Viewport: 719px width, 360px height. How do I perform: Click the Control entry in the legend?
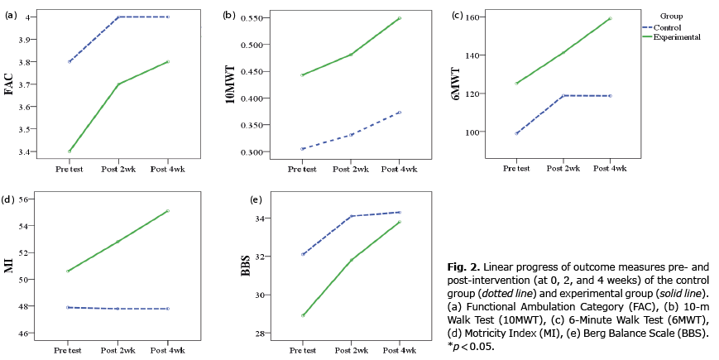pyautogui.click(x=671, y=27)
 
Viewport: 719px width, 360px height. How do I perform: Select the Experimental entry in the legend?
pyautogui.click(x=677, y=37)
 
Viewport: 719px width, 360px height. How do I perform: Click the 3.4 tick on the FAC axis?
pyautogui.click(x=40, y=152)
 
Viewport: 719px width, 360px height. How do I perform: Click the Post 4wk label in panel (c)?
pyautogui.click(x=610, y=168)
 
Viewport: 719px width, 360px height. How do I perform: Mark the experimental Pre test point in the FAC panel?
pyautogui.click(x=70, y=151)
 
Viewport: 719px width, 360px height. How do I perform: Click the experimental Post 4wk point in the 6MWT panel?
pyautogui.click(x=610, y=18)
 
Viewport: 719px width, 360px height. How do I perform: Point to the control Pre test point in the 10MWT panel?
pyautogui.click(x=302, y=149)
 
